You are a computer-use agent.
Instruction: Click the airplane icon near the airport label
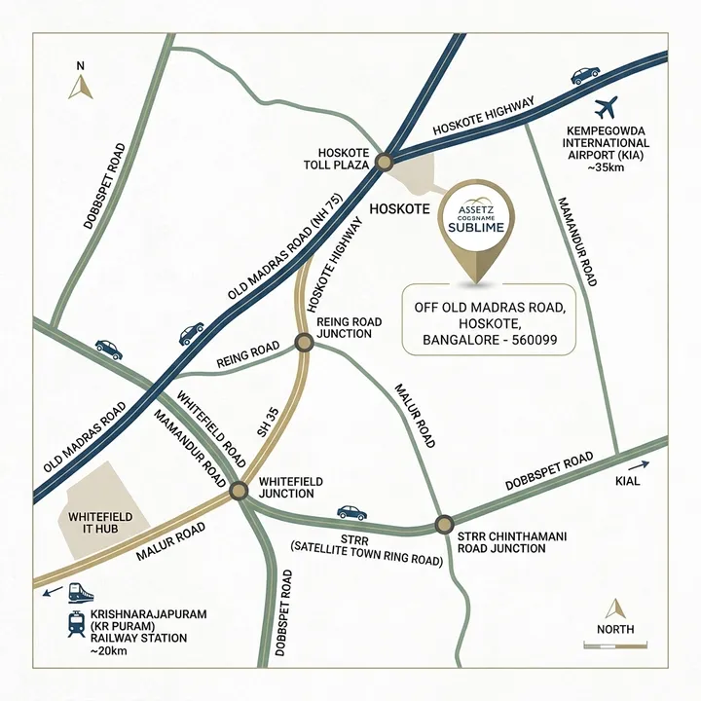[x=608, y=104]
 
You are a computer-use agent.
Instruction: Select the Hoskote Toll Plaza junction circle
[x=385, y=162]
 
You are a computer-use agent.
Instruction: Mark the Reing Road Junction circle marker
[x=304, y=342]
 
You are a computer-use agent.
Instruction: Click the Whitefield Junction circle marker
[x=240, y=492]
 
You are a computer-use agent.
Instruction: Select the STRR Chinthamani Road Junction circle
[x=443, y=524]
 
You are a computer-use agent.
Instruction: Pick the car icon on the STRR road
[x=350, y=512]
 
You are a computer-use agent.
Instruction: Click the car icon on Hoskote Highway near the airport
[x=585, y=74]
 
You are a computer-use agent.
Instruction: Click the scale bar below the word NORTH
[x=615, y=645]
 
